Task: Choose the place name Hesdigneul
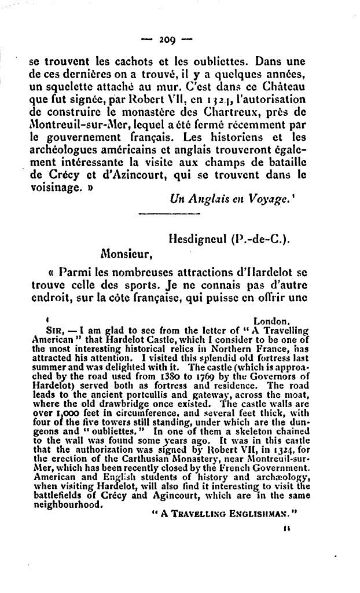coord(194,239)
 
